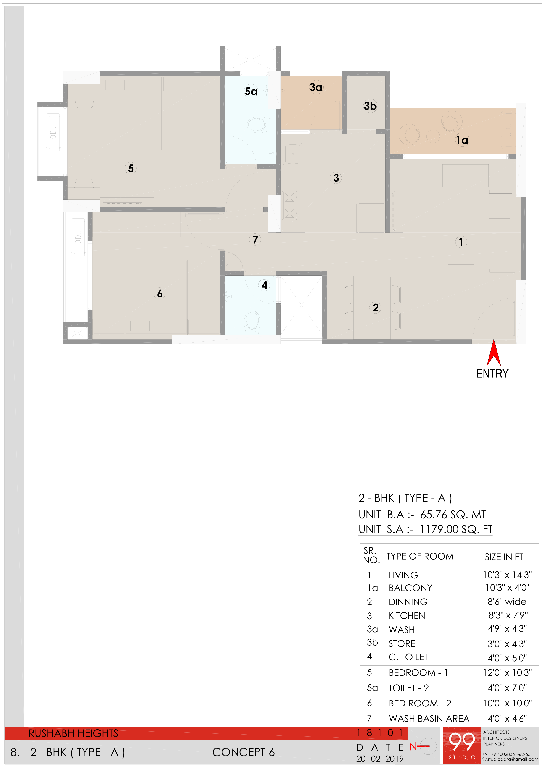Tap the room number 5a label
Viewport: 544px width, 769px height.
click(x=251, y=91)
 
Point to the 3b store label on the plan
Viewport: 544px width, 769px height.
click(x=370, y=106)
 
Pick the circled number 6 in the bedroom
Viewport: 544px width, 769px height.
click(x=160, y=293)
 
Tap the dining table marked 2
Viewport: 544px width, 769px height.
click(x=372, y=307)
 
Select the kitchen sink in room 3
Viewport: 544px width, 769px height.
click(x=293, y=154)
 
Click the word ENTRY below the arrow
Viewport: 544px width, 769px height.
click(x=492, y=374)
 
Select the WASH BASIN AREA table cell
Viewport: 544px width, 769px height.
click(x=429, y=718)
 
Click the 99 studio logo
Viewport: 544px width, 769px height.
click(x=462, y=745)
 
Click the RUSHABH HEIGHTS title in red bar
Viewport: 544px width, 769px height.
click(x=73, y=733)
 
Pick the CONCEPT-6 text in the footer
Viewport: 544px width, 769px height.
click(x=243, y=752)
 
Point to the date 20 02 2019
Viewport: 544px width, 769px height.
click(x=380, y=759)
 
